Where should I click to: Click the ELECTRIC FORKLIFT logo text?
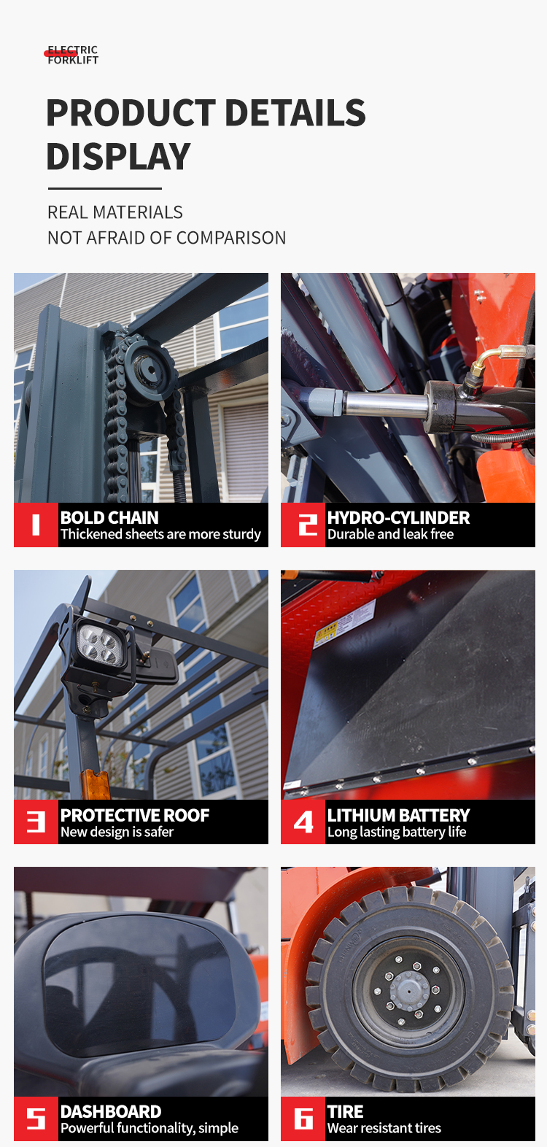point(73,55)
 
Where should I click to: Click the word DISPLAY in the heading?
point(118,157)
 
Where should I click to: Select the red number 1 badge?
point(36,525)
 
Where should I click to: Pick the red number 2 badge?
point(303,525)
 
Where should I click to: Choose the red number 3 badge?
point(36,822)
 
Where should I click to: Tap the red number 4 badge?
point(303,822)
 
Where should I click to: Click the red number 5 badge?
point(36,1119)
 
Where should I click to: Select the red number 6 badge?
point(303,1119)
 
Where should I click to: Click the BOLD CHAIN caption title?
point(109,518)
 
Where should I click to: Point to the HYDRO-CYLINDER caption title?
point(399,518)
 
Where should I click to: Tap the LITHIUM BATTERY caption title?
point(399,815)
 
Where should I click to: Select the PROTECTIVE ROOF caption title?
point(135,815)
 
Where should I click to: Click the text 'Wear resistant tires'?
point(384,1128)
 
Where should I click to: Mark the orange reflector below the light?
point(96,784)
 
